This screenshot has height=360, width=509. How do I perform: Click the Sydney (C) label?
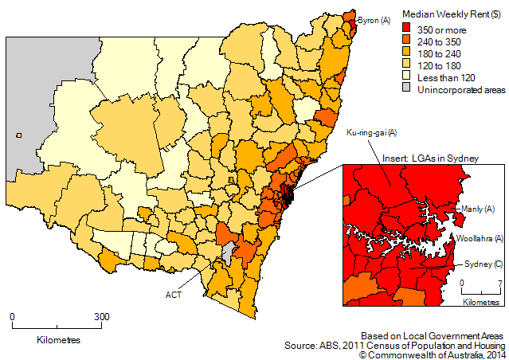click(x=480, y=264)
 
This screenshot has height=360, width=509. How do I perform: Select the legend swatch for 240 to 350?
click(x=409, y=41)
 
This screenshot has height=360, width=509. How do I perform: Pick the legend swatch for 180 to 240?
click(x=409, y=54)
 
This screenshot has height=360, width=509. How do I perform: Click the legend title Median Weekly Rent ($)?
click(x=451, y=14)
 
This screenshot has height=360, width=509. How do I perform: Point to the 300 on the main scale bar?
click(x=102, y=316)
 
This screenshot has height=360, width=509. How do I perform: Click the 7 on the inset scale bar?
click(x=499, y=284)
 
